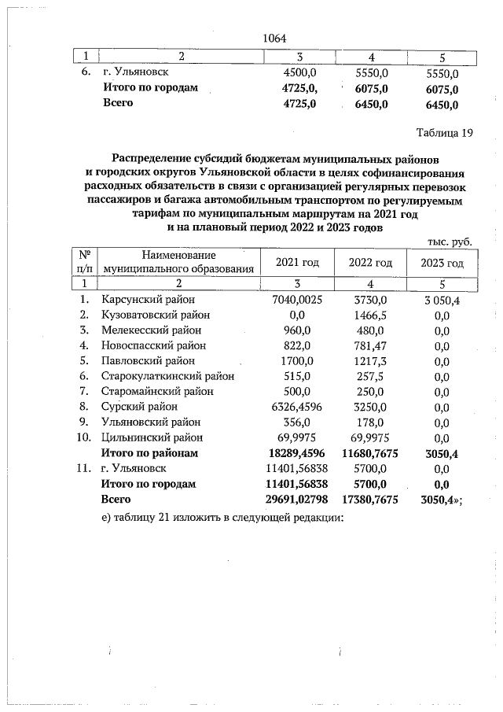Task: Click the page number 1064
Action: coord(274,37)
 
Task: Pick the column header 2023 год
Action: coord(442,262)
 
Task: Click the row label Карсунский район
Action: coord(148,300)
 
